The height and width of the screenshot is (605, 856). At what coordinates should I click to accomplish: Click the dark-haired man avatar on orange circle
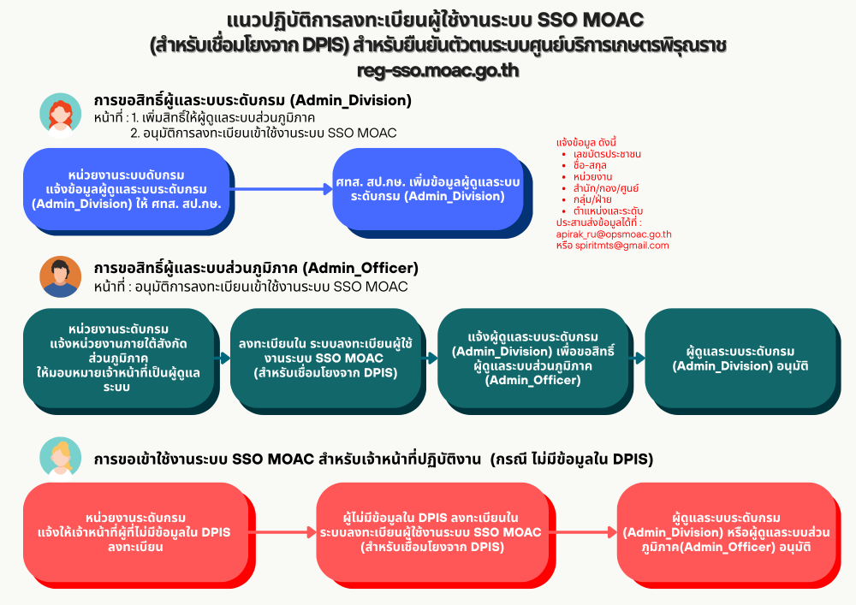(x=61, y=276)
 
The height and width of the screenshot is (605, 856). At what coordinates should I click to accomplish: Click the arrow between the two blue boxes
(x=282, y=189)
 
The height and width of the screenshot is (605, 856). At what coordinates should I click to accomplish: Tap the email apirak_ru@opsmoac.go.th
(x=614, y=234)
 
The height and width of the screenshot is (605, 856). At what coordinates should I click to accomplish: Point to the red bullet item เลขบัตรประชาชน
(x=608, y=154)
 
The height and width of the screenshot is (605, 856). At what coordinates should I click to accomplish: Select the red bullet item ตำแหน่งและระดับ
(x=608, y=211)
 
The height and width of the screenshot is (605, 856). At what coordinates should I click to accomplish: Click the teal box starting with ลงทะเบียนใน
(x=325, y=358)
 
